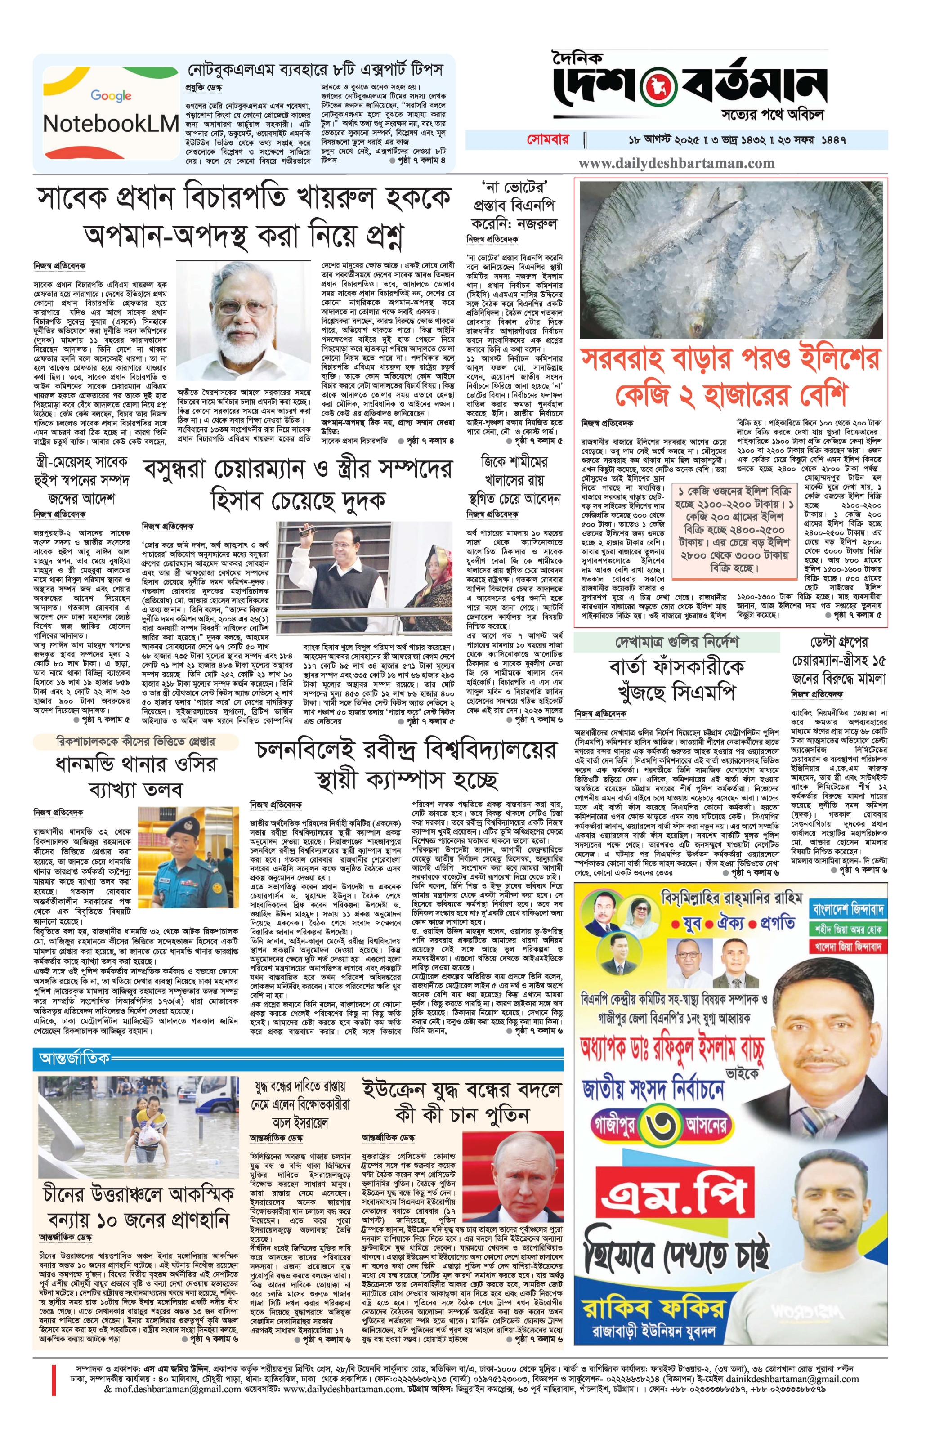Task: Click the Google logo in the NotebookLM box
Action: coord(111,95)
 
